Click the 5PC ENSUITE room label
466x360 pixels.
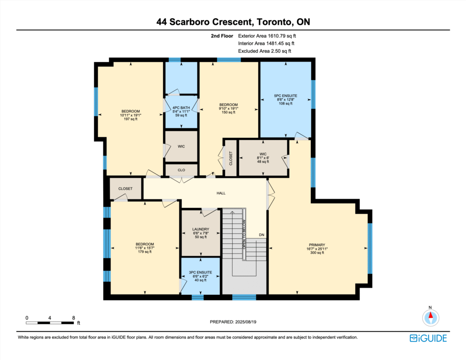point(286,96)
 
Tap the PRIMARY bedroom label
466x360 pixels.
point(317,245)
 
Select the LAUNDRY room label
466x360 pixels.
point(201,229)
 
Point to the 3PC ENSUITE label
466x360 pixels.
point(201,272)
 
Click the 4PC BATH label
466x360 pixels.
point(181,107)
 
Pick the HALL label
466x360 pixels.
point(221,193)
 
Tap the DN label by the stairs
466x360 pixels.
point(262,235)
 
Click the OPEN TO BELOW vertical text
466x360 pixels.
point(244,234)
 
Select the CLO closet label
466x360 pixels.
point(181,170)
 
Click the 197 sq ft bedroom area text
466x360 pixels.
point(131,119)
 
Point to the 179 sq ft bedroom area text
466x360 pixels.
point(145,252)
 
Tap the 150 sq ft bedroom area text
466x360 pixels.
point(228,112)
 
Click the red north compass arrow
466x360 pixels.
point(431,315)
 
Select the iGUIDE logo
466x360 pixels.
point(428,338)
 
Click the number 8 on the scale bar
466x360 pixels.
point(73,318)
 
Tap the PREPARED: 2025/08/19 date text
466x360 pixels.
point(233,322)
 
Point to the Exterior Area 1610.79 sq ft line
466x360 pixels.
point(267,36)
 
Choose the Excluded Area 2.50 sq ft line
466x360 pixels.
point(264,51)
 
